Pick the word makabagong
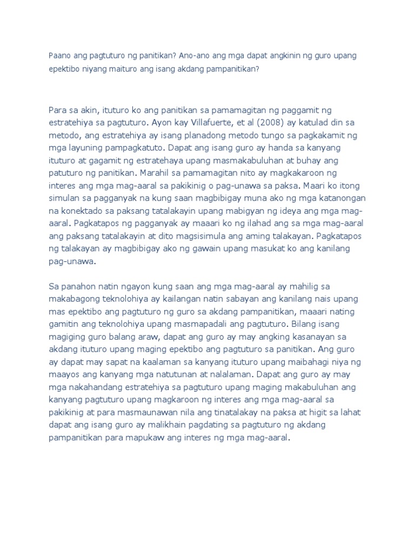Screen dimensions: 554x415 [75, 299]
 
